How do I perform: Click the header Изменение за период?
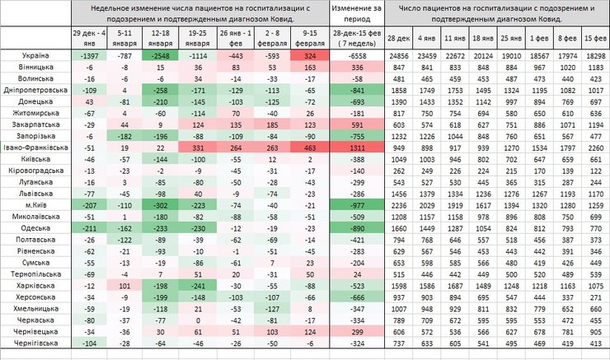(356, 11)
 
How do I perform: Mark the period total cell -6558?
(356, 54)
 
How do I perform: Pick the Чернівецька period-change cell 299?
(356, 331)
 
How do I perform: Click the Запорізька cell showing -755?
(356, 134)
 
